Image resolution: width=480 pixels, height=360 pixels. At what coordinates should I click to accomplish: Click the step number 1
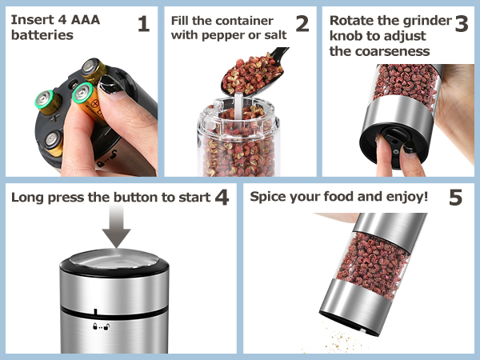tap(143, 24)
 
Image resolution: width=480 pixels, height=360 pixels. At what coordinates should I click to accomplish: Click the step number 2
tap(302, 24)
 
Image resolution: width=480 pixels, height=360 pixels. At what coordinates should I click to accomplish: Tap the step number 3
tap(461, 24)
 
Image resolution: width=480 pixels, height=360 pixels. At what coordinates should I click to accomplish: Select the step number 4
tap(222, 197)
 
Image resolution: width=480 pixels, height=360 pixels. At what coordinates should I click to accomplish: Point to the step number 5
tap(455, 197)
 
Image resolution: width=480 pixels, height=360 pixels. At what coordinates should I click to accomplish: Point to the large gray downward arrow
tap(117, 227)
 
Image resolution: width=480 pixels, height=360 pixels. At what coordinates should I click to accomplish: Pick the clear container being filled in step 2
tap(239, 144)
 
